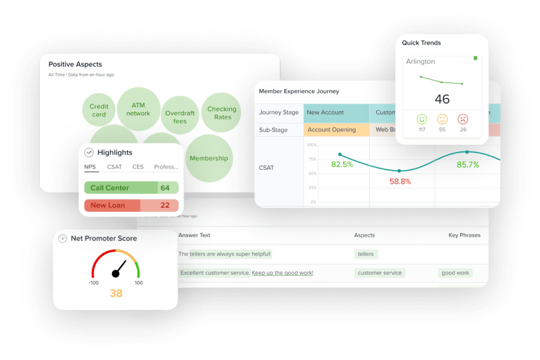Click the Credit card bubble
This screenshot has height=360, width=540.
[99, 110]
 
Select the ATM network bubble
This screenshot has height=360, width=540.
[138, 109]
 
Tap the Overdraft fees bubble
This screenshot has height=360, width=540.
[180, 117]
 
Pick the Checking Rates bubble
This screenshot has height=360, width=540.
[222, 113]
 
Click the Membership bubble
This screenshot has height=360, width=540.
[209, 158]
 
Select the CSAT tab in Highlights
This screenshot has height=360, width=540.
[114, 167]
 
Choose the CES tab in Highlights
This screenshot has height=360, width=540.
[138, 167]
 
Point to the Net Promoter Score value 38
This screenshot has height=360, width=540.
[116, 293]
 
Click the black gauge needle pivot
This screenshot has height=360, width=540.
[116, 274]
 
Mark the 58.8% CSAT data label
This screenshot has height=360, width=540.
[400, 182]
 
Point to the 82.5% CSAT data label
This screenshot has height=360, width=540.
[342, 164]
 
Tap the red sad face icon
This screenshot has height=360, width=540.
[463, 119]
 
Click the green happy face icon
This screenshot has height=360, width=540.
[422, 119]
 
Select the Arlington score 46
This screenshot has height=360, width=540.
[442, 99]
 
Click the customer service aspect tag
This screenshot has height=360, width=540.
[379, 273]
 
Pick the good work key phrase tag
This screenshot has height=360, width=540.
[455, 273]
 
